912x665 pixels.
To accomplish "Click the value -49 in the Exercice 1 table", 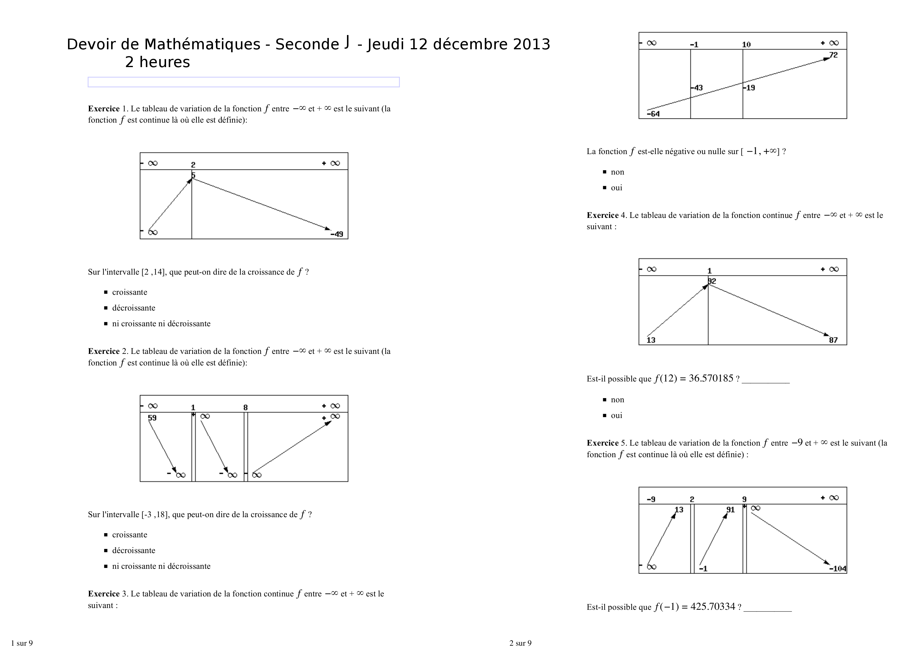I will (x=337, y=234).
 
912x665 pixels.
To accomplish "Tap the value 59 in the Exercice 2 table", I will (x=152, y=418).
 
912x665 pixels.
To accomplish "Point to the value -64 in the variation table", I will (x=653, y=114).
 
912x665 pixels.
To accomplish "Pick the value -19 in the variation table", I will (x=749, y=88).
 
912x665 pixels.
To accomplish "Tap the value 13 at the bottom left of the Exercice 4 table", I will (x=651, y=340).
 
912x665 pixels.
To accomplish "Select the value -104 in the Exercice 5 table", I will (x=837, y=569).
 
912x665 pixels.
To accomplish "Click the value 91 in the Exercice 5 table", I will (x=730, y=510).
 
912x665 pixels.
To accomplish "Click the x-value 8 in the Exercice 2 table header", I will (x=245, y=407).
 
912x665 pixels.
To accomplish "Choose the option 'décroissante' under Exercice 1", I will (x=133, y=308).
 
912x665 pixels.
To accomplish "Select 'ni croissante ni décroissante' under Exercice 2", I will (x=161, y=566).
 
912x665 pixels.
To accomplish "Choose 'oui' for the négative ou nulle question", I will (x=616, y=188).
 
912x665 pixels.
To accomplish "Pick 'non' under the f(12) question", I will (x=617, y=400).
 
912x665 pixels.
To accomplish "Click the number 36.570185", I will (x=711, y=379).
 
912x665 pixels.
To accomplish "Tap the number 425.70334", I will (x=713, y=607).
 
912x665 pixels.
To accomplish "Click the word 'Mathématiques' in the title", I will (x=202, y=44).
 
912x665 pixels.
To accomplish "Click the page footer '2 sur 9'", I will (x=520, y=643).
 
